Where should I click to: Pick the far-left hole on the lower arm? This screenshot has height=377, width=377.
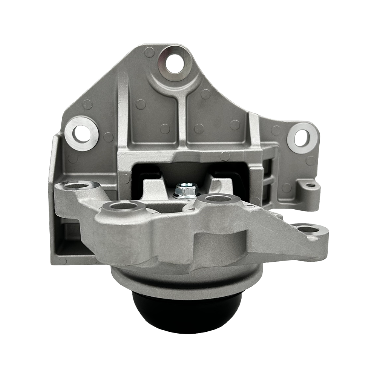click(x=80, y=186)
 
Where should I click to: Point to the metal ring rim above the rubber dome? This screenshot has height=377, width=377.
click(x=185, y=285)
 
